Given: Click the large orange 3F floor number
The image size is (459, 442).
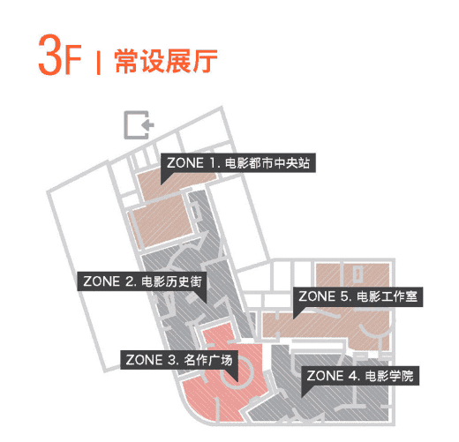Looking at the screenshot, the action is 60,55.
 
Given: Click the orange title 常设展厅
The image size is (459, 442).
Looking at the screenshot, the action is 166,61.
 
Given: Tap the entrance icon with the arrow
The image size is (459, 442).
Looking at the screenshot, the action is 139,124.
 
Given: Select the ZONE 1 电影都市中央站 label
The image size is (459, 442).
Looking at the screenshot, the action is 238,162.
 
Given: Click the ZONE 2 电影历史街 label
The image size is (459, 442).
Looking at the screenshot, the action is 142,281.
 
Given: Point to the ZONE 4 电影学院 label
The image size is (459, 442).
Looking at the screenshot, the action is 360,376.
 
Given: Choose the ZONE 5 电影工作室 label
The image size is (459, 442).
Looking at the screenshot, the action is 358,296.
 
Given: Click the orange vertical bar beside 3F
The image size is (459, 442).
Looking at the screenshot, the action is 99,63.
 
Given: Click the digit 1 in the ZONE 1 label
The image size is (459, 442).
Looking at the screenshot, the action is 213,163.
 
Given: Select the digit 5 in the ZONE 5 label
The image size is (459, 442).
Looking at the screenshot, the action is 345,296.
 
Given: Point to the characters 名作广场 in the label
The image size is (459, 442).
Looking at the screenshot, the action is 208,360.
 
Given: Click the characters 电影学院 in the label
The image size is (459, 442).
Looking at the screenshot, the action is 389,376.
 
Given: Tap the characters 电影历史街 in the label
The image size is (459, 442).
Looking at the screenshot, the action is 171,281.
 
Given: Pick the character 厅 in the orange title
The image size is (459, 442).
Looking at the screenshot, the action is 206,61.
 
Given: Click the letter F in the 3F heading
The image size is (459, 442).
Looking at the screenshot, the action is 72,59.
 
